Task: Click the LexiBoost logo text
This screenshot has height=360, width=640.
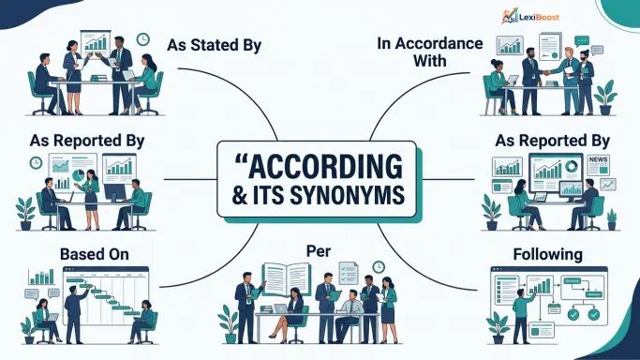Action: coord(539,17)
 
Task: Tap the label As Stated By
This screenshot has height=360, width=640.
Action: coord(215,45)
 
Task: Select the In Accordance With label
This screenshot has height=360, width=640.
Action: coord(430,52)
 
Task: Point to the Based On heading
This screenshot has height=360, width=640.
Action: coord(95,254)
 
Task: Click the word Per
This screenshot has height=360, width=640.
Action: coord(319,251)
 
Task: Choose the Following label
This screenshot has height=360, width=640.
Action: coord(547,254)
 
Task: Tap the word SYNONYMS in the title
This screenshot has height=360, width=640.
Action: coord(348,195)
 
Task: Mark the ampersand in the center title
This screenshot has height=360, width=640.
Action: coord(239,195)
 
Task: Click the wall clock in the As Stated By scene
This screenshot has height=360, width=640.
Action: coord(142,39)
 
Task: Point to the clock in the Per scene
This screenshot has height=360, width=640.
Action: coord(379,267)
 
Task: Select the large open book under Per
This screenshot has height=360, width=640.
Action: coord(287,278)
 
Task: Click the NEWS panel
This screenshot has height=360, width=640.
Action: coord(599,165)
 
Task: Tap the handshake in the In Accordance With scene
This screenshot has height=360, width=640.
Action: coord(547,72)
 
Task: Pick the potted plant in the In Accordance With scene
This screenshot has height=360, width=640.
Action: coord(605,97)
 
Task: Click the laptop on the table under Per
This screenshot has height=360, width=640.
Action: coord(281,309)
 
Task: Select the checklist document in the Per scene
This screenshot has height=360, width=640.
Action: coord(349,273)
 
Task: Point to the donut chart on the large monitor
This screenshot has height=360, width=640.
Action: coord(572,166)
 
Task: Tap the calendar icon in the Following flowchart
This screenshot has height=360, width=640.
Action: coord(554,308)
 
